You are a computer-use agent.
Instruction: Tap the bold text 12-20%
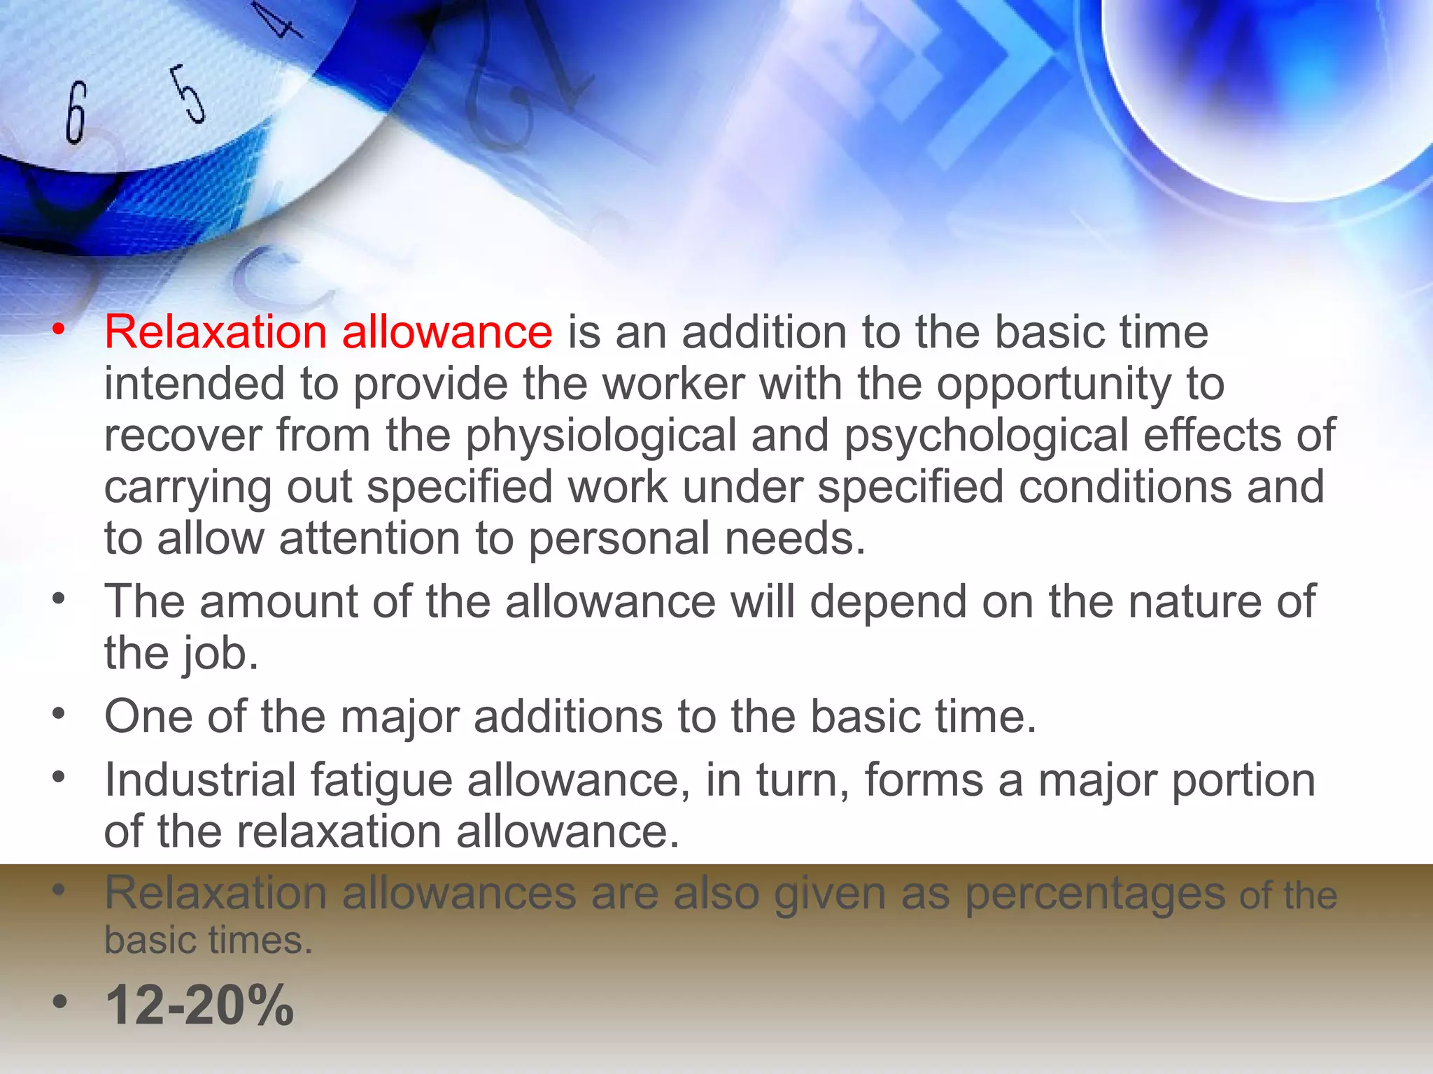pos(199,1005)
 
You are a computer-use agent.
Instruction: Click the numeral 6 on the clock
pos(76,113)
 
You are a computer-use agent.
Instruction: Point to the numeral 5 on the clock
pos(189,94)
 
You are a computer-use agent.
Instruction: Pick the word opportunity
pos(1054,385)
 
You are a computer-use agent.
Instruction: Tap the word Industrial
pos(200,780)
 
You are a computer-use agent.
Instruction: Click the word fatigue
pos(381,780)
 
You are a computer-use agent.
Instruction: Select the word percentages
pos(1095,894)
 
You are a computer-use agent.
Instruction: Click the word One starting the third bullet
pos(148,717)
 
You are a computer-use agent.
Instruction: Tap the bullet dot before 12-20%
pos(60,1001)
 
